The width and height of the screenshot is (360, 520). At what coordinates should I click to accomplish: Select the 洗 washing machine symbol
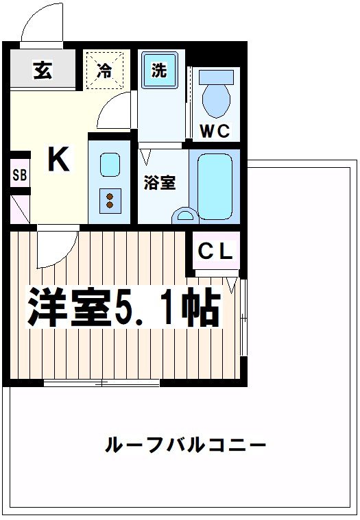pos(158,71)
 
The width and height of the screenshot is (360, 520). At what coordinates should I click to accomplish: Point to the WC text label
pos(214,131)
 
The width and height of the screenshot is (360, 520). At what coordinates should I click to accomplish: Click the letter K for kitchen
pos(58,160)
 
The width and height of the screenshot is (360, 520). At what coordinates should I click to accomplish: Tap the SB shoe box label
pos(19,175)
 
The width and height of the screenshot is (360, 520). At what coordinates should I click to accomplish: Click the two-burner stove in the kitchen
pos(109,199)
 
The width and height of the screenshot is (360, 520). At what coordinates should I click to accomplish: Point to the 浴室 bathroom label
pos(159,183)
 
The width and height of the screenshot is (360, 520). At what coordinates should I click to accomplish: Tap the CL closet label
pos(215,251)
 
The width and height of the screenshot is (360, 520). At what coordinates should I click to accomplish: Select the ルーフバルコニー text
pos(185,446)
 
